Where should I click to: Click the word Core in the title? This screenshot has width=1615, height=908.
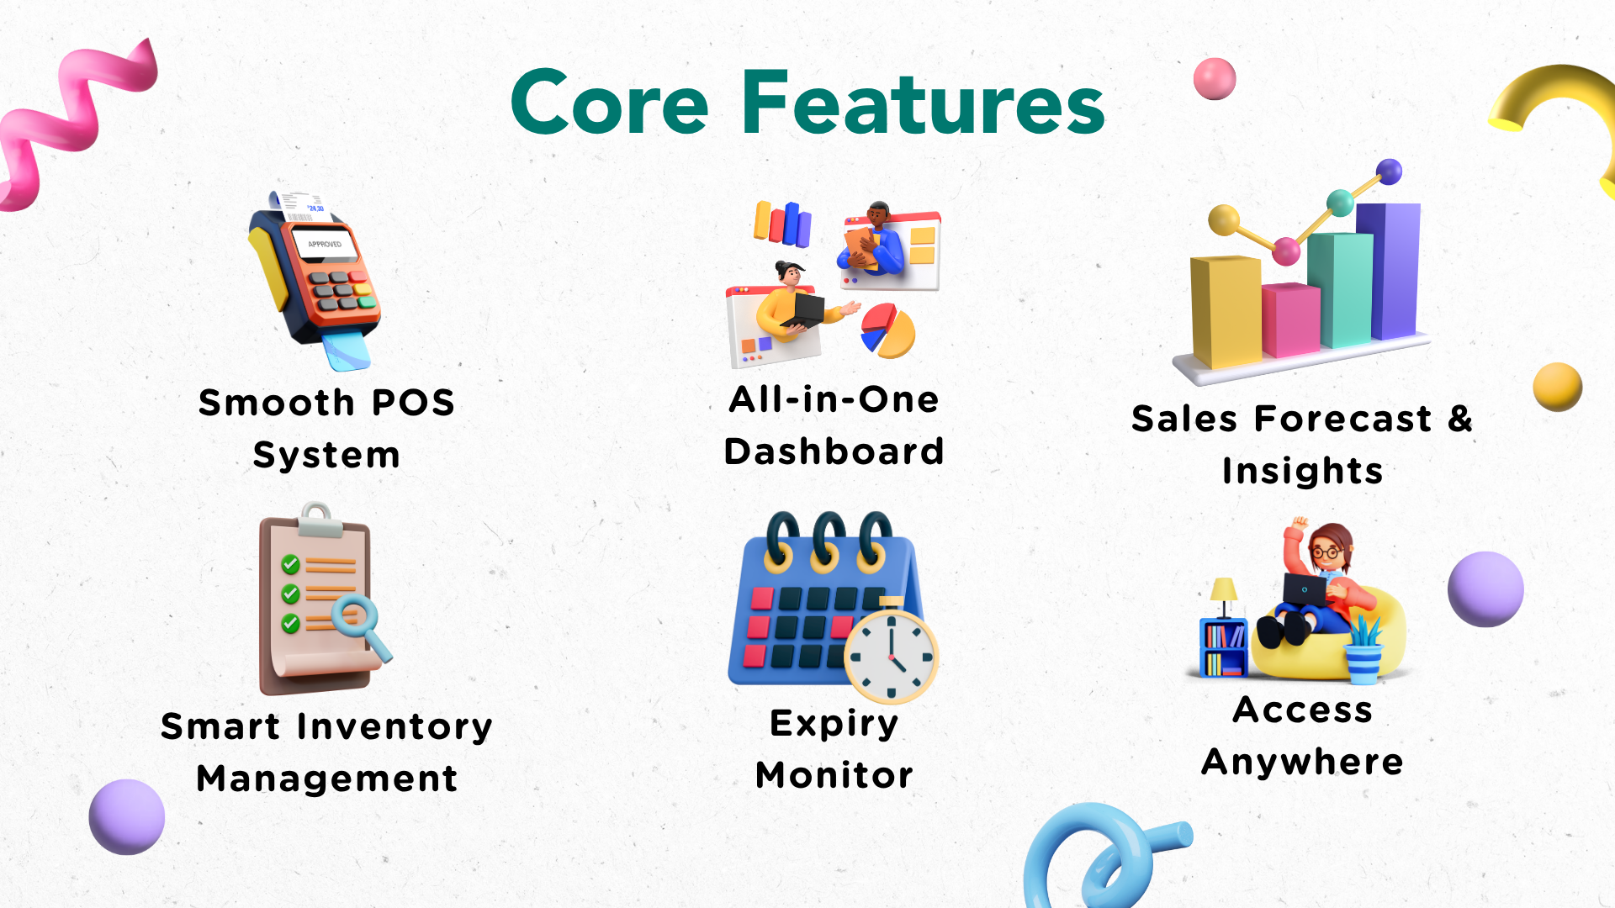pos(610,103)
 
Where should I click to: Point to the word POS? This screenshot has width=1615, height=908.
pos(413,403)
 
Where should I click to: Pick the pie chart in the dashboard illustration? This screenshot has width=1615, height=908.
pos(887,330)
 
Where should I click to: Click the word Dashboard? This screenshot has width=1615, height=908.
pos(834,451)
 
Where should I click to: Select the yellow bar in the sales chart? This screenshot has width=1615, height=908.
pos(1225,311)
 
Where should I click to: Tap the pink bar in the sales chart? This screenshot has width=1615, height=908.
pos(1290,319)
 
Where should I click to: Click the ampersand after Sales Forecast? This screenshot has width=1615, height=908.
pos(1460,418)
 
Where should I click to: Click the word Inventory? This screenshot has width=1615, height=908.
pos(394,727)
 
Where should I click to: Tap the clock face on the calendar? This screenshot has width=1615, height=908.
pos(891,657)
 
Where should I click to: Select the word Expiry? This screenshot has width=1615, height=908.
pos(834,724)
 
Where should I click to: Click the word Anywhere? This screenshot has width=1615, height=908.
pos(1302,763)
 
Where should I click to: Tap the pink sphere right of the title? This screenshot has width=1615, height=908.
pos(1215,79)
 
